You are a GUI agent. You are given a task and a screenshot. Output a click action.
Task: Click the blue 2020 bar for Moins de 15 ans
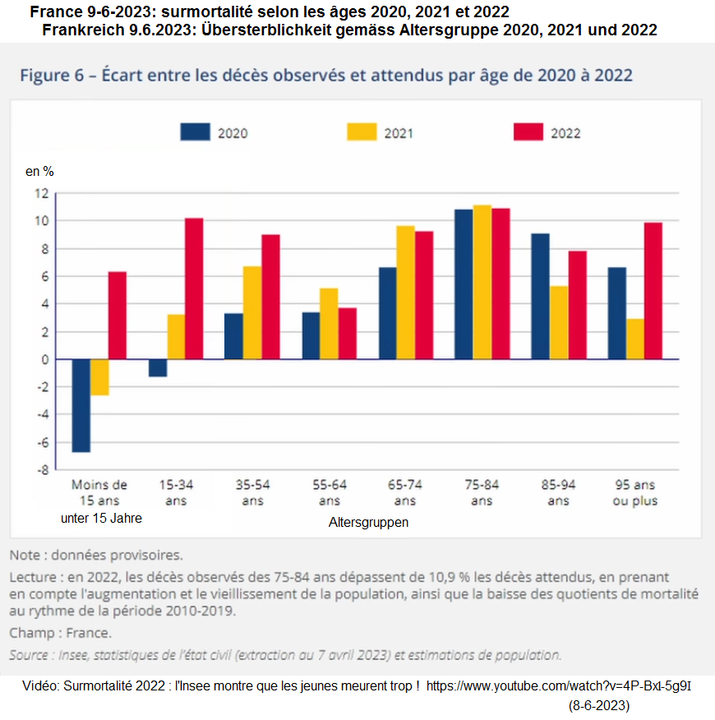tap(81, 405)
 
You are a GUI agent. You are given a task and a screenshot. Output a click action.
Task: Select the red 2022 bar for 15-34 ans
tap(194, 288)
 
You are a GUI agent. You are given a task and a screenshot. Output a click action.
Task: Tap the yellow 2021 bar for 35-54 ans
tap(251, 312)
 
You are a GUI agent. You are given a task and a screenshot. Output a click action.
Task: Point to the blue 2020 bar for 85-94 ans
tap(540, 296)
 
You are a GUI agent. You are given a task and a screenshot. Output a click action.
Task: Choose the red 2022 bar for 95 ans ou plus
tap(653, 291)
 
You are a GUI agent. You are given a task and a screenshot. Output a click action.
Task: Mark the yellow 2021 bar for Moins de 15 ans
tap(99, 377)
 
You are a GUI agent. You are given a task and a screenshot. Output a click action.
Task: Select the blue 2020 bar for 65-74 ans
tap(387, 313)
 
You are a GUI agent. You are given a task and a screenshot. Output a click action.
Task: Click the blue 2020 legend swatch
tap(195, 132)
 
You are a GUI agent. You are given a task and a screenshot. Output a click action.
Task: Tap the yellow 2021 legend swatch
tap(362, 132)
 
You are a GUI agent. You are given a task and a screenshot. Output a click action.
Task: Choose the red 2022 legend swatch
tap(528, 132)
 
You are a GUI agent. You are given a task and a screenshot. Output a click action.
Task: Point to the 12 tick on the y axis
tap(41, 193)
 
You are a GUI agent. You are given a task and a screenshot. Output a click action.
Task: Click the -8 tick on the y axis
tap(41, 470)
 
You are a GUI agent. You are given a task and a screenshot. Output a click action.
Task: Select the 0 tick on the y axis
tap(44, 359)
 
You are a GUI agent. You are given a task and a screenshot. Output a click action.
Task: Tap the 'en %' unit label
tap(39, 172)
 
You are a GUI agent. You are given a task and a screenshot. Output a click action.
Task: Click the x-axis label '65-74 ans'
tap(405, 492)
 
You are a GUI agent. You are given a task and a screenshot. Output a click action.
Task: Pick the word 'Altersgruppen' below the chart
tap(369, 522)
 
